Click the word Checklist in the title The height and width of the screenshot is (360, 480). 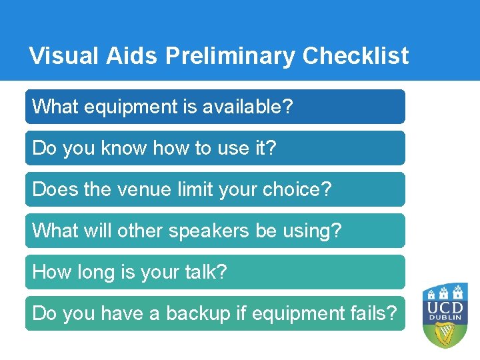click(x=355, y=56)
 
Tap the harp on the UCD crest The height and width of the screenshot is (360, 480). click(x=445, y=335)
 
